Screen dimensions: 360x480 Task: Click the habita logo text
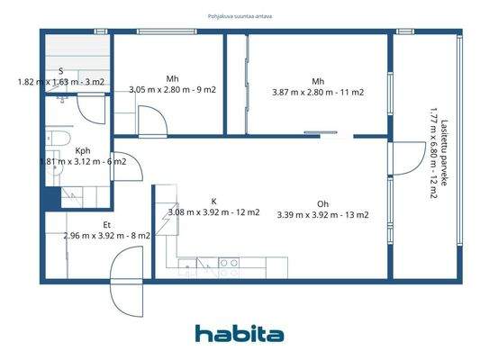pyautogui.click(x=240, y=334)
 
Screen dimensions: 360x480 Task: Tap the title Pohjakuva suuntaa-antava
pyautogui.click(x=240, y=15)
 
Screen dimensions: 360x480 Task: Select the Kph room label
pyautogui.click(x=83, y=151)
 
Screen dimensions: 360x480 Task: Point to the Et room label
pyautogui.click(x=106, y=225)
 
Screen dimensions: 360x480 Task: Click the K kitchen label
pyautogui.click(x=213, y=202)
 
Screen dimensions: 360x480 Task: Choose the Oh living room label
pyautogui.click(x=322, y=203)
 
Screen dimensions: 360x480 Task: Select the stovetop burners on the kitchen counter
pyautogui.click(x=230, y=263)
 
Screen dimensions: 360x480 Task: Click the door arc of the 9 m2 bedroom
pyautogui.click(x=148, y=120)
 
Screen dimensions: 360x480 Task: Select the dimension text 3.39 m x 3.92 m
pyautogui.click(x=322, y=215)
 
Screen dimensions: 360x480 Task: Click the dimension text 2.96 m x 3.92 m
pyautogui.click(x=106, y=236)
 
